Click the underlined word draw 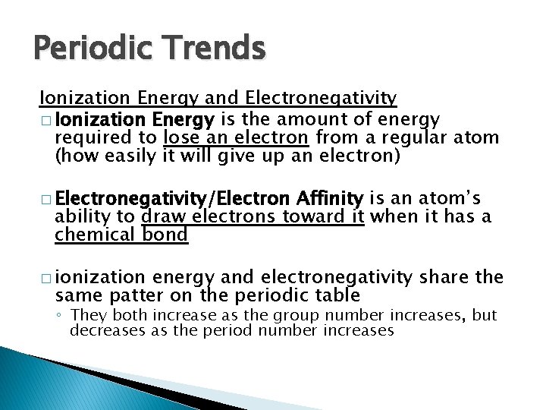[161, 218]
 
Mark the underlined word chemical [87, 235]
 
